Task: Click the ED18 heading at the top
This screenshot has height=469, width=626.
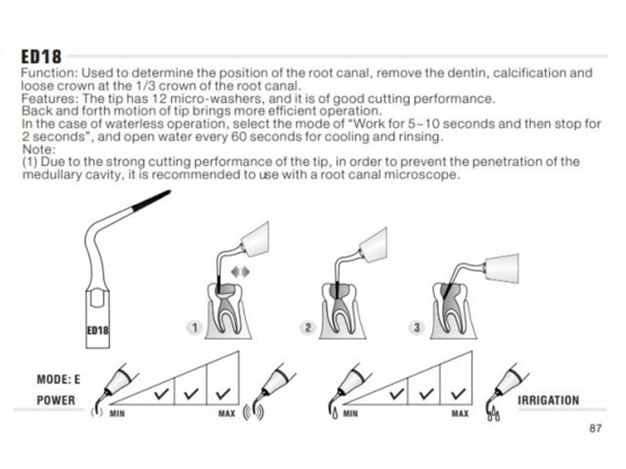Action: pos(41,56)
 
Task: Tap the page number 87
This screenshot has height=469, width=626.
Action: pos(595,428)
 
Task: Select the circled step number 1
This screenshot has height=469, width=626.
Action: pos(194,328)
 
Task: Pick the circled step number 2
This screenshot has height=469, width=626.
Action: pos(308,328)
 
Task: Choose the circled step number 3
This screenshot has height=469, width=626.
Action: pos(417,328)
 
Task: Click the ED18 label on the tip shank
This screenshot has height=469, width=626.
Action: pos(97,331)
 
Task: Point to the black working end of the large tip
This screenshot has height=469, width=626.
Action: pos(151,200)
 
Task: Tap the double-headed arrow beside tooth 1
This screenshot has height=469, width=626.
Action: pos(241,272)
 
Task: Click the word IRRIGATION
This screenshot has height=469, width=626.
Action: pos(548,400)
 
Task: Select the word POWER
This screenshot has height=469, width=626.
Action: pos(55,400)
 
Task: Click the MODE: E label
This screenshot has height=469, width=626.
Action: pos(58,380)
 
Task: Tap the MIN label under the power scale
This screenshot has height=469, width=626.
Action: pos(117,414)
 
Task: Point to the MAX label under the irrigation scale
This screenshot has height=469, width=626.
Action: pos(460,414)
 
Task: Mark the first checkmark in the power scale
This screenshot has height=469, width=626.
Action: pos(162,394)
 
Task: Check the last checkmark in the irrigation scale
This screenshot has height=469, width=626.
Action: pos(458,394)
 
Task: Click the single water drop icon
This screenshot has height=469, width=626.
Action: pos(335,413)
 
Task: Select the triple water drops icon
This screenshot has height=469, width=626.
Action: pos(495,414)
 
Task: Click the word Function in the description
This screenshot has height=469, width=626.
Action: pos(49,73)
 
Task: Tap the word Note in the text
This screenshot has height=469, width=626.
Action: pos(37,150)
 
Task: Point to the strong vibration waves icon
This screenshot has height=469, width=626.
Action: pos(254,413)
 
